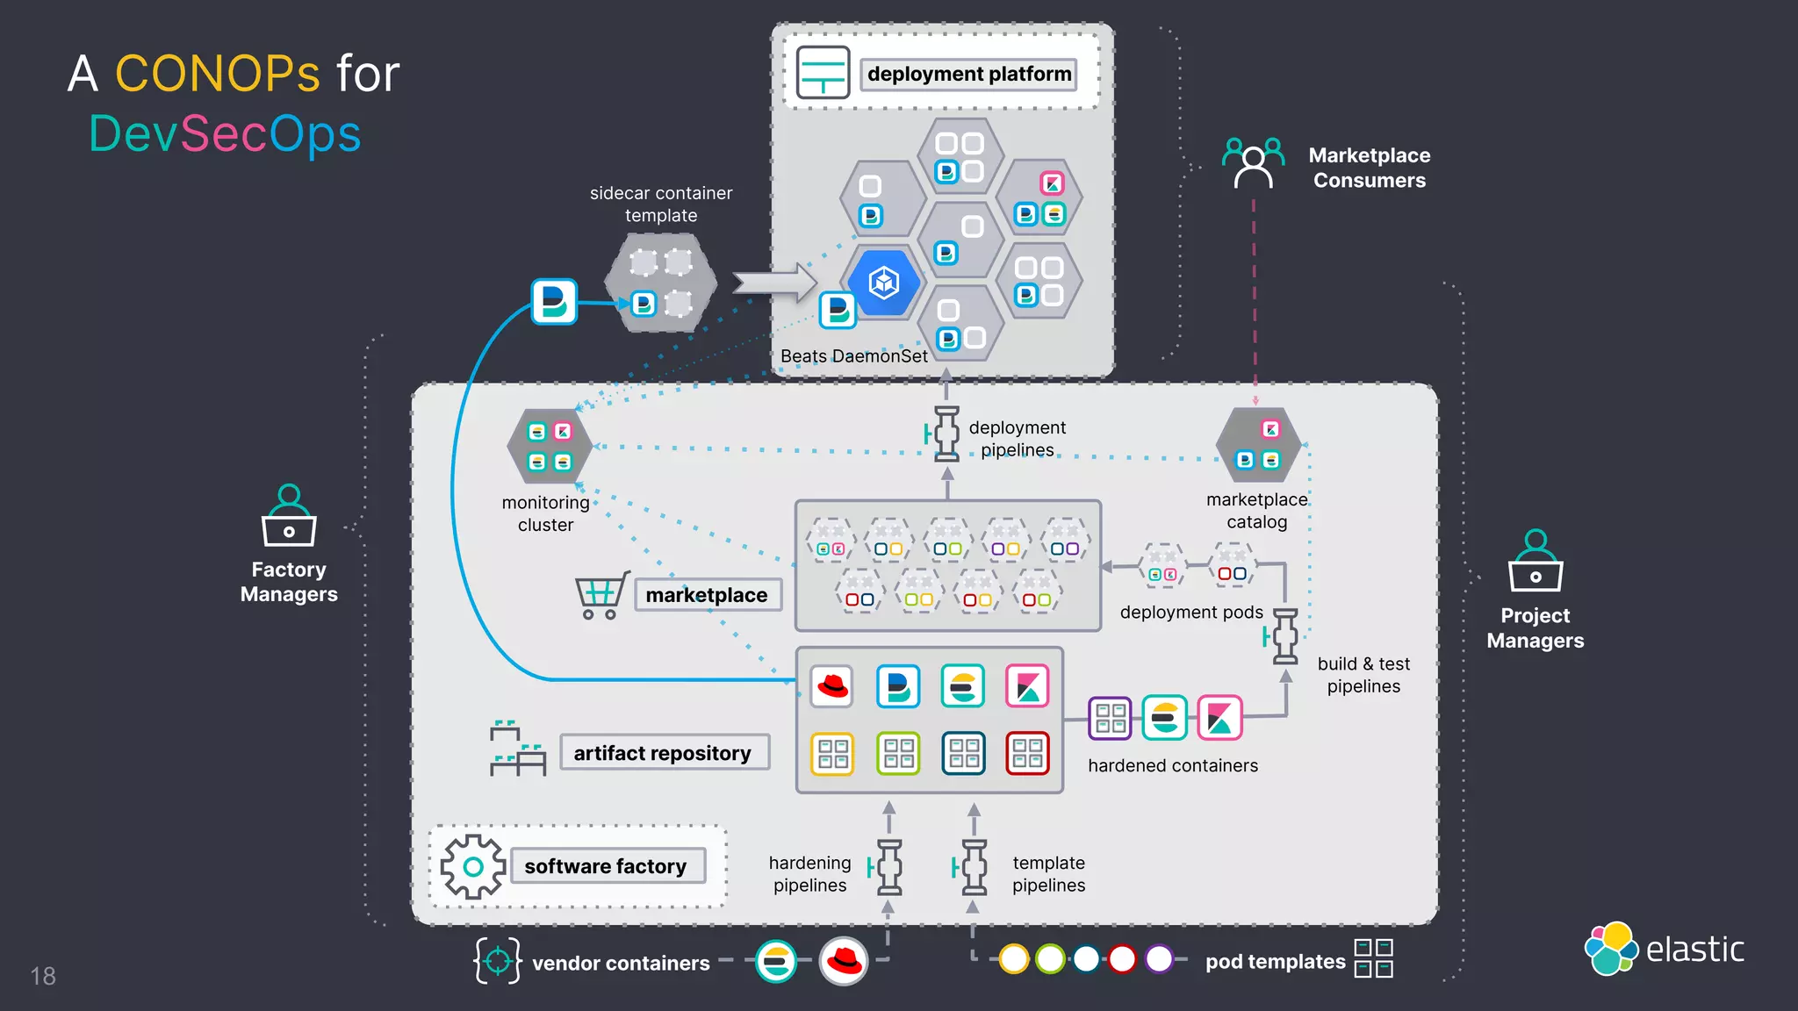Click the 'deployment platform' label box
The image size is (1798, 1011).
coord(968,74)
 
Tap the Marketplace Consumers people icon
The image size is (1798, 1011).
coord(1253,162)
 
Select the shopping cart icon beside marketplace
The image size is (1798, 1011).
coord(601,595)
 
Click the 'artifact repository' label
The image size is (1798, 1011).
coord(664,753)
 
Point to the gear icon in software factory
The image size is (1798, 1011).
coord(473,867)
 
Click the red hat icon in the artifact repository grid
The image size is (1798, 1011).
coord(831,686)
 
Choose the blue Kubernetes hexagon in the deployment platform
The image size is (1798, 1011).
coord(884,283)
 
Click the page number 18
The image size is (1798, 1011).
coord(43,976)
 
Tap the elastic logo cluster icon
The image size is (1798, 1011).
coord(1611,949)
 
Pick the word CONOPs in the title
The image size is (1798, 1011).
coord(218,74)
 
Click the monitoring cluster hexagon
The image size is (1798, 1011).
coord(550,446)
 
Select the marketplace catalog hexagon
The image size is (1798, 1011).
coord(1257,445)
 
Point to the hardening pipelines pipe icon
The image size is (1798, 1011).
coord(888,867)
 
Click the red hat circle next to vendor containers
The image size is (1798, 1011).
coord(843,961)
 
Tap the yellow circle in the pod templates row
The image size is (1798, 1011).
coord(1014,958)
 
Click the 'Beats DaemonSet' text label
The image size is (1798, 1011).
coord(853,356)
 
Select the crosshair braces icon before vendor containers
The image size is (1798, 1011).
coord(497,961)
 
